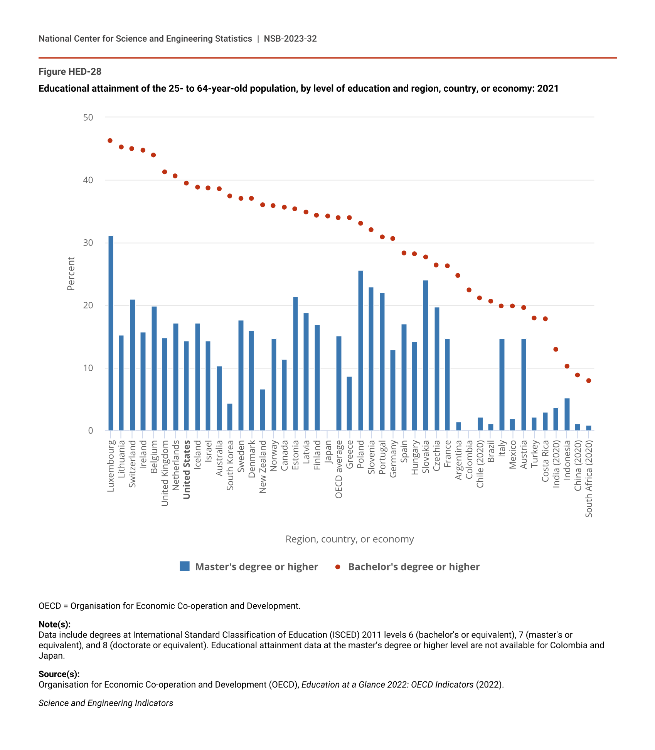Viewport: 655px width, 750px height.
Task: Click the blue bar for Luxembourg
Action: point(111,333)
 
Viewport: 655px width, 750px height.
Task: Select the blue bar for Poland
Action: point(360,350)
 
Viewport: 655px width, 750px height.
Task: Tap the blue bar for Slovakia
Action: point(426,355)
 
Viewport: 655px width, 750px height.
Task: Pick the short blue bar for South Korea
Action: point(230,417)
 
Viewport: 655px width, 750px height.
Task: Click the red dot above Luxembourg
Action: point(110,141)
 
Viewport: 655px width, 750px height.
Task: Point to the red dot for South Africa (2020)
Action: point(589,381)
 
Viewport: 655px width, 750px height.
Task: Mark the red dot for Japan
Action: point(328,216)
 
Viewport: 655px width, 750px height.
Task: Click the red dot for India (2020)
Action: point(556,350)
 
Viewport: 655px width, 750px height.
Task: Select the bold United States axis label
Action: point(187,470)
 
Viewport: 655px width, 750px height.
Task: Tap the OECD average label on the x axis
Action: point(339,469)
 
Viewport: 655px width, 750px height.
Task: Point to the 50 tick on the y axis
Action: point(88,118)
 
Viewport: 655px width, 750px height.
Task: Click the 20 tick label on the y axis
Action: point(88,306)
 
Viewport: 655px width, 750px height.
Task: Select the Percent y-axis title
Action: point(71,274)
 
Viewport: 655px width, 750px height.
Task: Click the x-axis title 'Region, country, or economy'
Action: point(350,539)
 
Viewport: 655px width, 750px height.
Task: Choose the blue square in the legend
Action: point(185,566)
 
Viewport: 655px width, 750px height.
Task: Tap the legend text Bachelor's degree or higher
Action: point(414,567)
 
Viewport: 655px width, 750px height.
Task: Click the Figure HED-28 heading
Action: point(70,72)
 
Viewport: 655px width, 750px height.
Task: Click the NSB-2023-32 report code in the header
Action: point(290,39)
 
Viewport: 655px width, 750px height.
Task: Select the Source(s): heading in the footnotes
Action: point(59,674)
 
